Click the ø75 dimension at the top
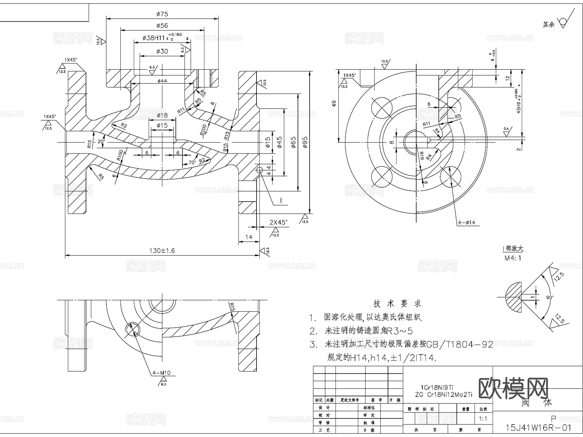tap(162, 14)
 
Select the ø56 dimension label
tap(162, 26)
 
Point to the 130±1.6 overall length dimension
tap(162, 250)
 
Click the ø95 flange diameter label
tap(305, 142)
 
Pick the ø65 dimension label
tap(293, 142)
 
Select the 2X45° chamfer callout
tap(278, 222)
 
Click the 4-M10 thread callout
tap(161, 373)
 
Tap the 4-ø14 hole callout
tap(466, 223)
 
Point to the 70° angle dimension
tap(192, 162)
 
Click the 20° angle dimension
tap(101, 141)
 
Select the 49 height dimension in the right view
tap(334, 103)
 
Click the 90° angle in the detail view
tap(549, 297)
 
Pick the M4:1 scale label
tap(513, 258)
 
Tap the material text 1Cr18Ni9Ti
tap(437, 387)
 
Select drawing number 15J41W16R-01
tap(538, 428)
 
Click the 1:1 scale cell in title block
tap(483, 419)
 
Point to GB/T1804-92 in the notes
tap(460, 345)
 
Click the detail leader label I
tap(281, 201)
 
